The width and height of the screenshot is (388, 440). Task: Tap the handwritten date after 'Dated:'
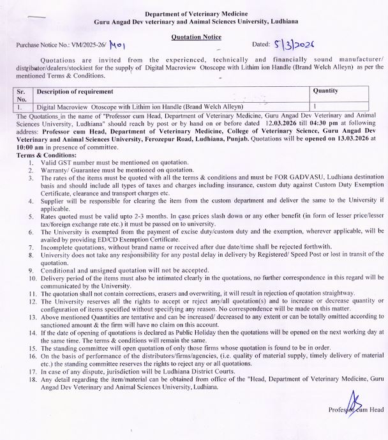point(295,46)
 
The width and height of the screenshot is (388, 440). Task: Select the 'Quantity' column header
point(325,91)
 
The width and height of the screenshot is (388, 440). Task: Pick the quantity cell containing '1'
point(315,107)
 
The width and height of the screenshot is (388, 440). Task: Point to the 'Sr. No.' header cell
point(22,95)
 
